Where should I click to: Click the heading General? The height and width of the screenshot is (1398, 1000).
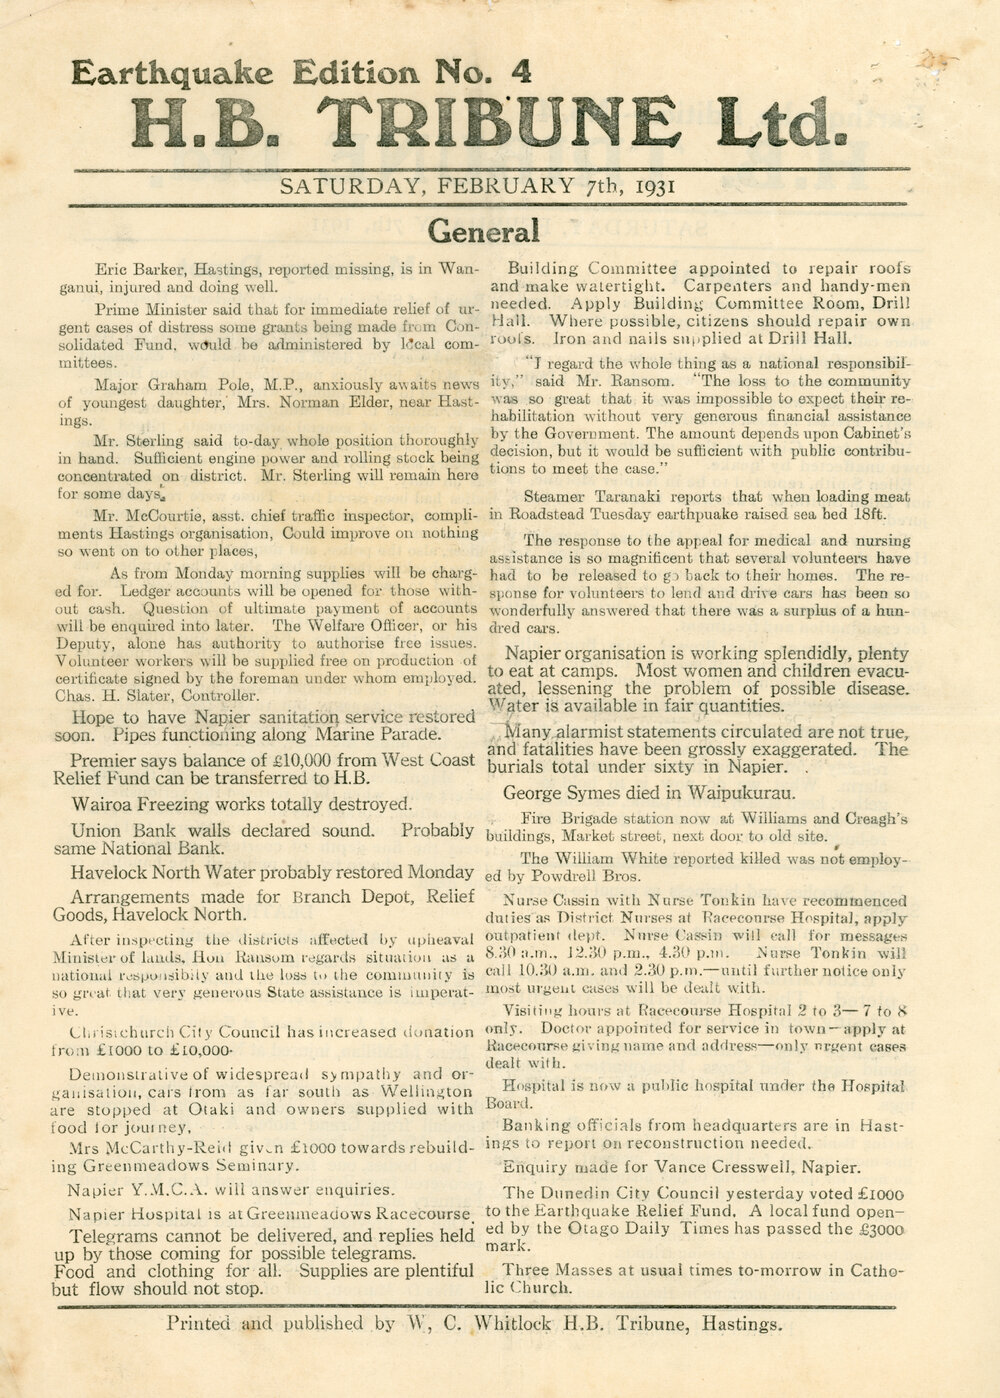(x=484, y=232)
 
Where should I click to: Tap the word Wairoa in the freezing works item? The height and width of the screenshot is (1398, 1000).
(x=102, y=803)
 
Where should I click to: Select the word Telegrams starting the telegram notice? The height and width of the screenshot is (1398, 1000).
(x=104, y=1236)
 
